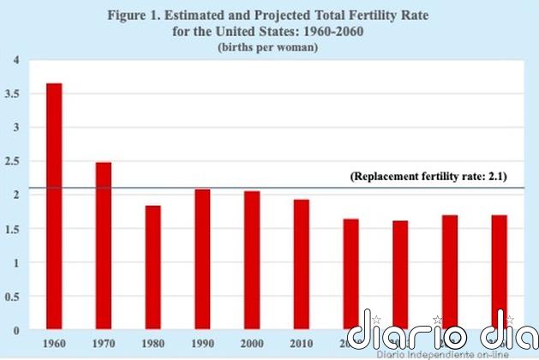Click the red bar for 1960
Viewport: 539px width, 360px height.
click(53, 207)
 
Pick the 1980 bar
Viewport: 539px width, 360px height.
click(153, 267)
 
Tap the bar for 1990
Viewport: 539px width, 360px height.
click(202, 260)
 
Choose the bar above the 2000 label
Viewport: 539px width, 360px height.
click(252, 261)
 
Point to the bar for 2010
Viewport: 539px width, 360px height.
click(301, 265)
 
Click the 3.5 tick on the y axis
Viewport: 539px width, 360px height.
click(11, 93)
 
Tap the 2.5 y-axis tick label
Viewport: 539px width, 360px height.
click(11, 161)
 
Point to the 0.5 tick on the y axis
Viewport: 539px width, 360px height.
click(11, 297)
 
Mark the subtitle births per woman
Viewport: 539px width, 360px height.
click(268, 48)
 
